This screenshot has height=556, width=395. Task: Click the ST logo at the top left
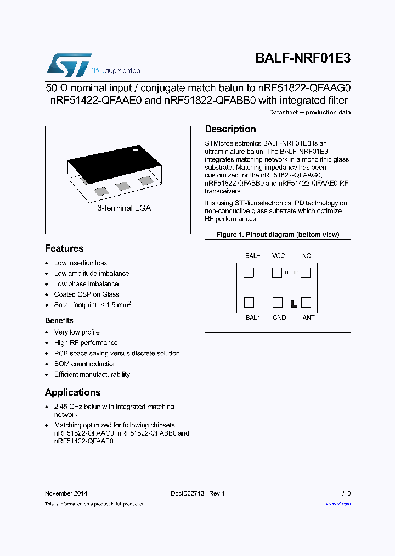pos(69,65)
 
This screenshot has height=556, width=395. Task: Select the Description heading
pos(230,129)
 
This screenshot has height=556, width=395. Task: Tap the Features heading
pos(64,248)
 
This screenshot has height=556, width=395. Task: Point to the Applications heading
pos(72,392)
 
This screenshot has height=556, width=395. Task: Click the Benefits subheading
pos(59,320)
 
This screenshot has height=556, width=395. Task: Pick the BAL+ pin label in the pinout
pos(252,255)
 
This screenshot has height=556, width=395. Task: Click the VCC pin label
pos(278,255)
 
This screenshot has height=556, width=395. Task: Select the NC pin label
pos(306,255)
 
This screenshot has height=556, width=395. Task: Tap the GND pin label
pos(279,318)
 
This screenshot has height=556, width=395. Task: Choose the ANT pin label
pos(308,318)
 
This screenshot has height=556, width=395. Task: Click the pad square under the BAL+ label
pos(249,273)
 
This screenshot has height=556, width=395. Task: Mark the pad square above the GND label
pos(278,302)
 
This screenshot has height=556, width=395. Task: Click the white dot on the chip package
pos(135,148)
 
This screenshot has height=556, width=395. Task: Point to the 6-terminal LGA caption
pos(123,208)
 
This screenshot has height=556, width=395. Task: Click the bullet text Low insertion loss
pos(81,263)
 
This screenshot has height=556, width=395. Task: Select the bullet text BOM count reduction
pos(85,364)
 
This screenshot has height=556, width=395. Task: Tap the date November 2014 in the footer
pos(65,493)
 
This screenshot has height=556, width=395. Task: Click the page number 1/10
pos(345,493)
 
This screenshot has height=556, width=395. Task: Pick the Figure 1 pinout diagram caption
pos(278,235)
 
